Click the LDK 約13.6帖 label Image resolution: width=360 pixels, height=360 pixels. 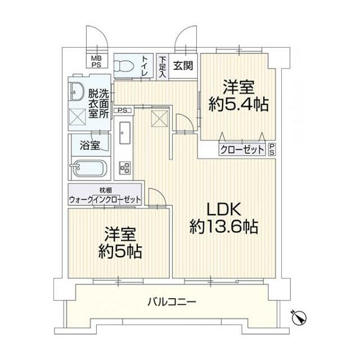[224, 218]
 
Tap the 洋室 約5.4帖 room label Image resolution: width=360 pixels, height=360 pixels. [239, 96]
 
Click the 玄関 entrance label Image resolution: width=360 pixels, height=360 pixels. [183, 65]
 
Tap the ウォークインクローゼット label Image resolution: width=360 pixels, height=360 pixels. [105, 199]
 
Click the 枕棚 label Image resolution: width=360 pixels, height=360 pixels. [105, 189]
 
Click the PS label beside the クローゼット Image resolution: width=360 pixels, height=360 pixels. [272, 150]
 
